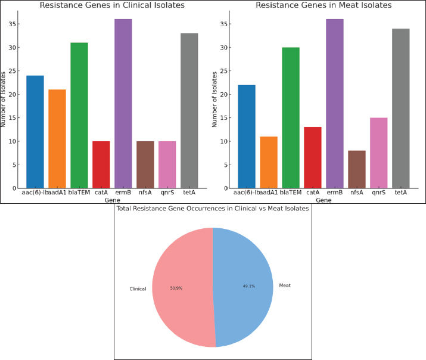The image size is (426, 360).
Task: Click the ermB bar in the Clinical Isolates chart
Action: click(123, 104)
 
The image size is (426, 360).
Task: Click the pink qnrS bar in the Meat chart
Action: click(379, 153)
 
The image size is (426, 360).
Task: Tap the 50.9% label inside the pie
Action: click(176, 288)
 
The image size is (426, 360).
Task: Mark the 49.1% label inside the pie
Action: click(248, 285)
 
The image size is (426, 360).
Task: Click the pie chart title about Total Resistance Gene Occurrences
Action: click(213, 209)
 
